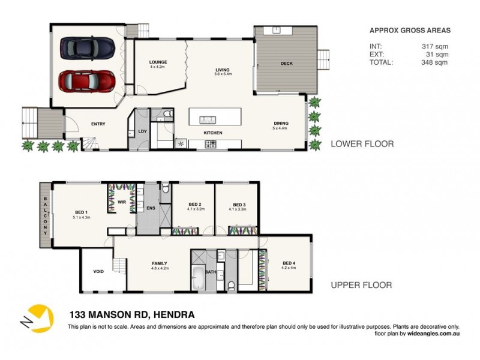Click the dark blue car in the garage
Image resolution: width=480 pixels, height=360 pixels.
88,47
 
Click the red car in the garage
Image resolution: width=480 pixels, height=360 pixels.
87,79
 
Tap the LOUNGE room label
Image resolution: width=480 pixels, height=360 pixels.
158,62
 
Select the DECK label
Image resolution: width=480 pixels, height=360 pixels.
286,64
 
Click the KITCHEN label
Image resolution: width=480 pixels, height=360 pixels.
213,133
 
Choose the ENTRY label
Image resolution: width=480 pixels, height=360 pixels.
98,124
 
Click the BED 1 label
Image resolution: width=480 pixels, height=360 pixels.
82,212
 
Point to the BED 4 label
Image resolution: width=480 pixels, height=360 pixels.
289,263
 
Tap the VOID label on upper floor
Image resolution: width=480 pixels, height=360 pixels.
98,271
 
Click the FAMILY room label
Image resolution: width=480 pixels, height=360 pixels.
160,263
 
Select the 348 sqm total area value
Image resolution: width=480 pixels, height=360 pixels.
435,62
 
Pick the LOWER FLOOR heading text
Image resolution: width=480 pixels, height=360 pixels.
362,144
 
